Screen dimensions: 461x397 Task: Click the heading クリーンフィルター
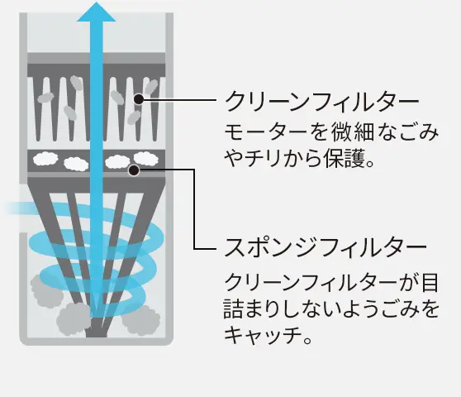coord(321,101)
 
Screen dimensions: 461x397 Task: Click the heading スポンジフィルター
coord(326,247)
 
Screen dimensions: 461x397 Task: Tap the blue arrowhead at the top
coord(96,12)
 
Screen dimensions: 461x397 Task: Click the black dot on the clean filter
coord(139,99)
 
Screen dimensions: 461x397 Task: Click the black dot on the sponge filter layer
coord(134,170)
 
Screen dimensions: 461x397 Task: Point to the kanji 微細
coord(353,132)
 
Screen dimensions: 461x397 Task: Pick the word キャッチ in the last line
coord(263,335)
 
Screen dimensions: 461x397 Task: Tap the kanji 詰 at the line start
coord(234,309)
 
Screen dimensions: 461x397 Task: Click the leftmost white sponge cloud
coord(45,159)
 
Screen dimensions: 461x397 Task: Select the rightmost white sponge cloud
coord(146,158)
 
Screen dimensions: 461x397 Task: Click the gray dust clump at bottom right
coord(140,320)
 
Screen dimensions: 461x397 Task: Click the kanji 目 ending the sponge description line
coord(430,283)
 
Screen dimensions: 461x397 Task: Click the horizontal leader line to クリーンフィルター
coord(180,100)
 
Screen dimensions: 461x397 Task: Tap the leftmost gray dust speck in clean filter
coord(45,98)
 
